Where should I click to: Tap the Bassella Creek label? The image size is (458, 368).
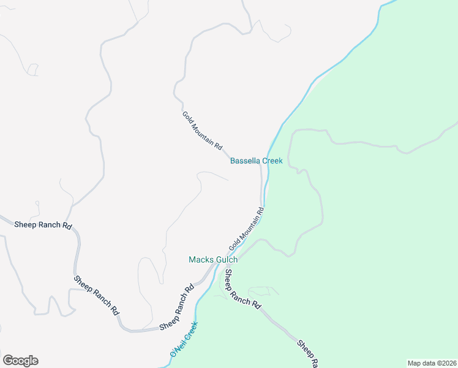(257, 161)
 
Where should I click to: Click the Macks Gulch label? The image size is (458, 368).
(212, 259)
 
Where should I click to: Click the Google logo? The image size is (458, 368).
(20, 361)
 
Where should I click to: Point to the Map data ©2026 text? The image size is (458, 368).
(432, 363)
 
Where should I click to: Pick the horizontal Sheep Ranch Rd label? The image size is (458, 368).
(42, 225)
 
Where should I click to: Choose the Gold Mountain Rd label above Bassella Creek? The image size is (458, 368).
(201, 130)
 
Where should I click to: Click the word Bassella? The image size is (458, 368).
(245, 161)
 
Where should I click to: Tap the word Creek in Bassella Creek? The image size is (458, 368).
(272, 161)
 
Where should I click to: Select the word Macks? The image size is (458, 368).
(200, 259)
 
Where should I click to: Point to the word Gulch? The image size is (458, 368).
(226, 259)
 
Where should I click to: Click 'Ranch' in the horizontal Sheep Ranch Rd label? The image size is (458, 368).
(48, 225)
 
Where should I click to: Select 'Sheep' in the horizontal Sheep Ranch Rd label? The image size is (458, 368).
(24, 225)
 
